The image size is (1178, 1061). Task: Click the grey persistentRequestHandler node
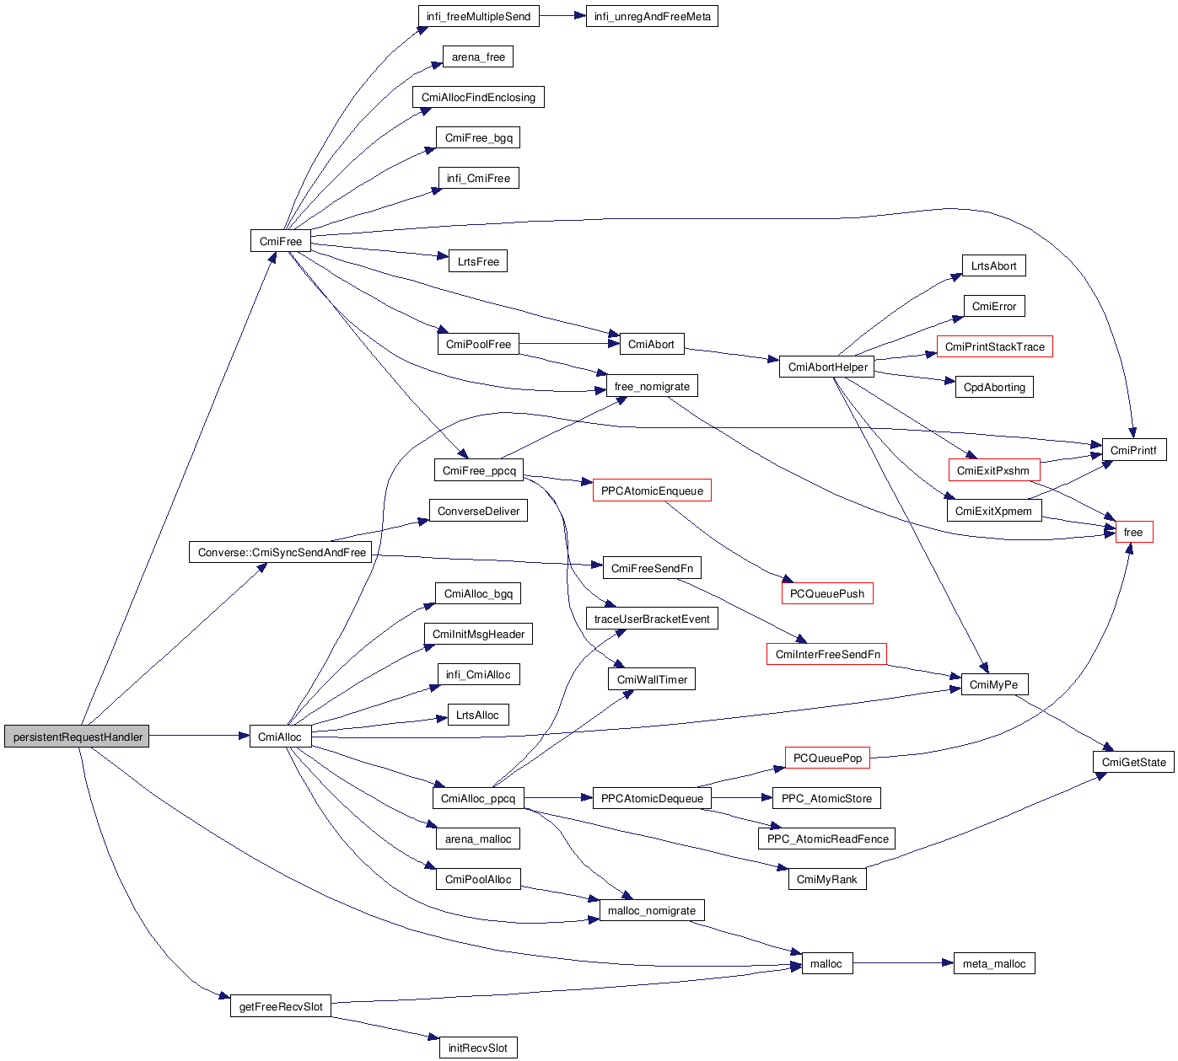(x=77, y=737)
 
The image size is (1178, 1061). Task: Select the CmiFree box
(x=281, y=241)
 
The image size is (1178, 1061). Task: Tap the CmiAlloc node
(x=280, y=737)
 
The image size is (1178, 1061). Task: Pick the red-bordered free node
(x=1133, y=532)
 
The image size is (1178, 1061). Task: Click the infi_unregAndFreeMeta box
(x=652, y=16)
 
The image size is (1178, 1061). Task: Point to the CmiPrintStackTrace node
(x=994, y=346)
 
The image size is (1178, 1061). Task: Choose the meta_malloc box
(x=994, y=963)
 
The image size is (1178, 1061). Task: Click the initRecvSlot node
(x=477, y=1048)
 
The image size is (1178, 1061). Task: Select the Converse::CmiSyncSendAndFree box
(x=282, y=552)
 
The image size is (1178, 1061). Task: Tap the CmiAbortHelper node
(x=827, y=367)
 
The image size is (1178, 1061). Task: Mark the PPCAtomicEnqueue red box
(x=652, y=490)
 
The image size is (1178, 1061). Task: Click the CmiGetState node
(x=1133, y=762)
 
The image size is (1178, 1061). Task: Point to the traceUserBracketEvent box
(x=652, y=619)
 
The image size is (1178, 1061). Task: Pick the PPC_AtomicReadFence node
(x=827, y=839)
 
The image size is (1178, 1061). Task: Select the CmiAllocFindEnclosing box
(x=478, y=97)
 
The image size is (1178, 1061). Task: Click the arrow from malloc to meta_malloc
(x=902, y=963)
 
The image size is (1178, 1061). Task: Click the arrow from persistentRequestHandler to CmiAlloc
(x=199, y=737)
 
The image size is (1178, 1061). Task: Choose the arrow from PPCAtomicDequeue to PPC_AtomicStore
(x=741, y=798)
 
